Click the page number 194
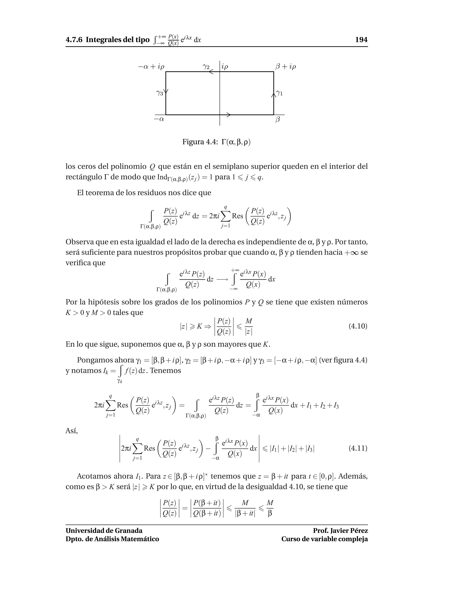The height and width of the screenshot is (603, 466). pyautogui.click(x=361, y=40)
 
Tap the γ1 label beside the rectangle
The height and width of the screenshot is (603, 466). pyautogui.click(x=280, y=93)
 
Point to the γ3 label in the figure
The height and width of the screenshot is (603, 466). pyautogui.click(x=159, y=93)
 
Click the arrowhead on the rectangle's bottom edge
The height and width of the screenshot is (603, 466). pyautogui.click(x=228, y=115)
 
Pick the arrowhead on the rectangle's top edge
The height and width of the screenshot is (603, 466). pyautogui.click(x=211, y=72)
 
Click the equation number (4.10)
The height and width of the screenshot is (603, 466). pyautogui.click(x=358, y=326)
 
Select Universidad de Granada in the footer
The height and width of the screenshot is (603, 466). pyautogui.click(x=104, y=531)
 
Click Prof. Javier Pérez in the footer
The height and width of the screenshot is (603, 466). pyautogui.click(x=340, y=531)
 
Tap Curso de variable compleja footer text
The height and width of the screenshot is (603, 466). pyautogui.click(x=324, y=539)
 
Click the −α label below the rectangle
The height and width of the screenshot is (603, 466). pyautogui.click(x=159, y=119)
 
